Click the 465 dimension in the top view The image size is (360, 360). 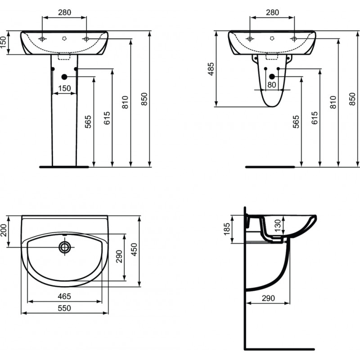pos(64,296)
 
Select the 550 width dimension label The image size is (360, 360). pos(64,308)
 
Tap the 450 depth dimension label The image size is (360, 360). pos(134,250)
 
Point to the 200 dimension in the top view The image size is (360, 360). pos(4,230)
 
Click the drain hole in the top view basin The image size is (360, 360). pos(65,247)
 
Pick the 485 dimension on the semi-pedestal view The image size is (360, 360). pos(211,69)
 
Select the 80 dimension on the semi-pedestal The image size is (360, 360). pos(272,85)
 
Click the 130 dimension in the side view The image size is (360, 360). pos(277,225)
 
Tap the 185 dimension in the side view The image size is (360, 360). pos(227,229)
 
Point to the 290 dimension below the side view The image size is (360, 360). pos(268,298)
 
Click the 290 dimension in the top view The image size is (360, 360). pos(119,256)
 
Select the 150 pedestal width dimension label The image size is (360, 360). pos(64,88)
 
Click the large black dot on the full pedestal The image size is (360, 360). pos(64,77)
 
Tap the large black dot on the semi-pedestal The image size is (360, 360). pos(272,76)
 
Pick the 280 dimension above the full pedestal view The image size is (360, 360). pos(64,12)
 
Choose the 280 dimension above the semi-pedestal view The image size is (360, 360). pos(273,12)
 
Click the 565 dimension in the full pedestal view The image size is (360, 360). pos(88,121)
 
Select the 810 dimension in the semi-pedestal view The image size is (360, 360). pos(333,102)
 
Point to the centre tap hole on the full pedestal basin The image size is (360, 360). pos(64,38)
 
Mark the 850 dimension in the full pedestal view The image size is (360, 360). pos(144,99)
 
